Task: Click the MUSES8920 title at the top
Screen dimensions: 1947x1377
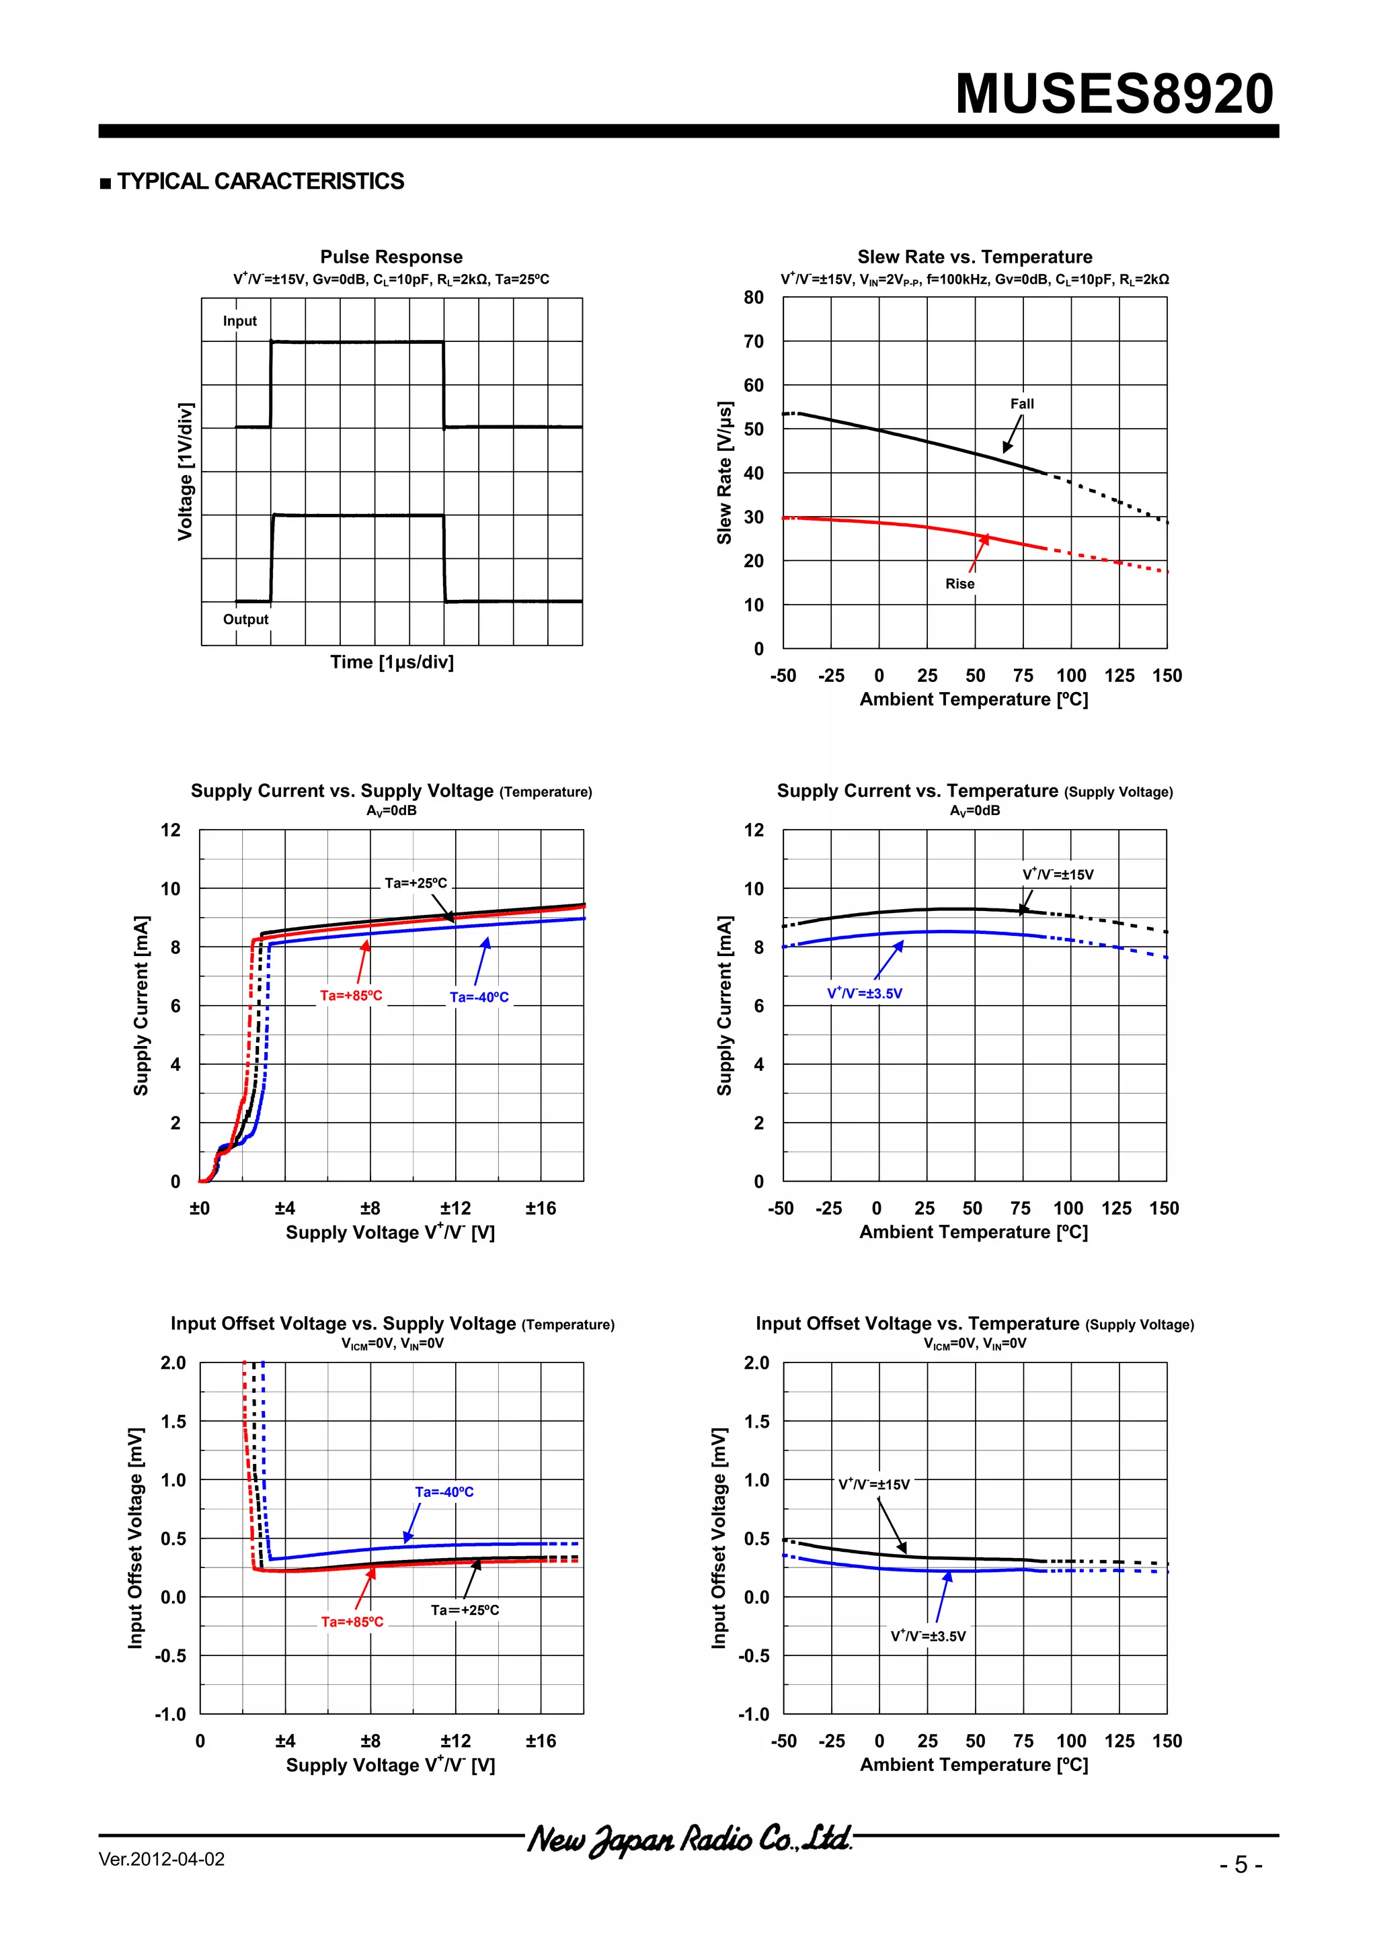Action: pyautogui.click(x=1114, y=93)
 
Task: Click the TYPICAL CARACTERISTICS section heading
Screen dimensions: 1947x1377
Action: pyautogui.click(x=260, y=181)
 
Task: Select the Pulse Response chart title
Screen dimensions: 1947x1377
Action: pyautogui.click(x=391, y=257)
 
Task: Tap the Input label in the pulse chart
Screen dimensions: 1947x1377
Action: pyautogui.click(x=239, y=321)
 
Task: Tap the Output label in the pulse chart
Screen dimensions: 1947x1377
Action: pyautogui.click(x=245, y=619)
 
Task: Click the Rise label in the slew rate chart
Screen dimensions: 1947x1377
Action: pyautogui.click(x=959, y=583)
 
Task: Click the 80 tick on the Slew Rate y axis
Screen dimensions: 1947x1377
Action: pyautogui.click(x=754, y=298)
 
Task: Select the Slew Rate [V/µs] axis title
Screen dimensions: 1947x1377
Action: pyautogui.click(x=723, y=473)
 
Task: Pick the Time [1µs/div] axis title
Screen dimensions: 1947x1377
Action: pyautogui.click(x=392, y=662)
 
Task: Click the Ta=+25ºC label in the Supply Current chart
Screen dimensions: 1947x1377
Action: pyautogui.click(x=416, y=883)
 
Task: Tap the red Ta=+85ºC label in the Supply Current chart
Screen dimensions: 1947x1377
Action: pyautogui.click(x=350, y=996)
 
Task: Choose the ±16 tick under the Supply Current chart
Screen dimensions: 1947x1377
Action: pyautogui.click(x=541, y=1207)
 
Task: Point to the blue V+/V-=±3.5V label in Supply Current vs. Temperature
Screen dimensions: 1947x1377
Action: pyautogui.click(x=865, y=993)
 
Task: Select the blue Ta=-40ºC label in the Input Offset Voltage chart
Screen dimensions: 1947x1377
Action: pyautogui.click(x=444, y=1491)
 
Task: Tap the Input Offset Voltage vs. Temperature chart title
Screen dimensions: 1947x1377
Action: pyautogui.click(x=974, y=1324)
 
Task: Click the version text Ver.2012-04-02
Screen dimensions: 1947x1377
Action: pyautogui.click(x=161, y=1860)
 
